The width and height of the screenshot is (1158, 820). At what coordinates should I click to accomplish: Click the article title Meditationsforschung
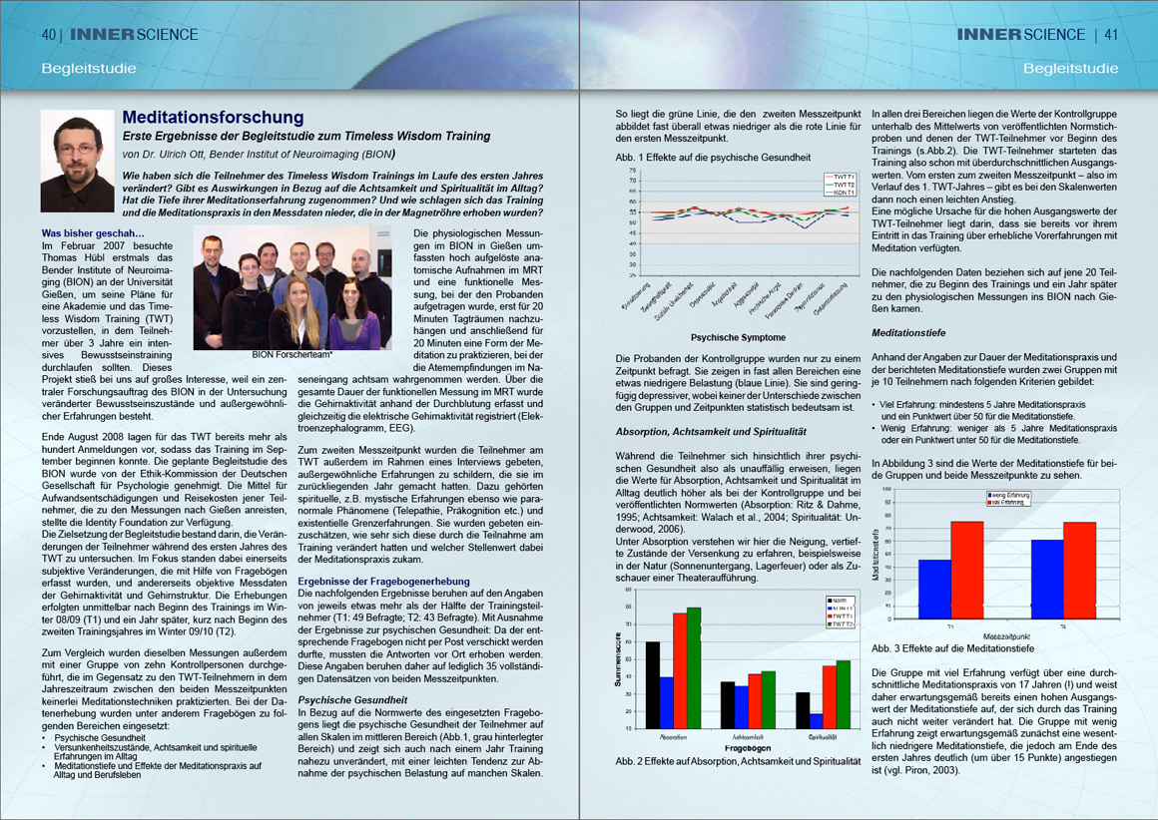(x=213, y=118)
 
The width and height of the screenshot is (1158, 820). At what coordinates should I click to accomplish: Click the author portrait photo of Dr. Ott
(x=77, y=160)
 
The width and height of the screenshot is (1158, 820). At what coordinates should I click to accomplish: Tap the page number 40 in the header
(x=49, y=34)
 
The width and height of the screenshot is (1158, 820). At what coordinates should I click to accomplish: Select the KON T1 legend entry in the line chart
(x=843, y=193)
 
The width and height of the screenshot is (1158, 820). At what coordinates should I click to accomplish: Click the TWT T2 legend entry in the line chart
(x=843, y=185)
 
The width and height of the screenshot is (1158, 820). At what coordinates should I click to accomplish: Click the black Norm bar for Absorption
(x=653, y=684)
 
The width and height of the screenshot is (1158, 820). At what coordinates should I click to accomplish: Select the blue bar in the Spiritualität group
(x=817, y=720)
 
